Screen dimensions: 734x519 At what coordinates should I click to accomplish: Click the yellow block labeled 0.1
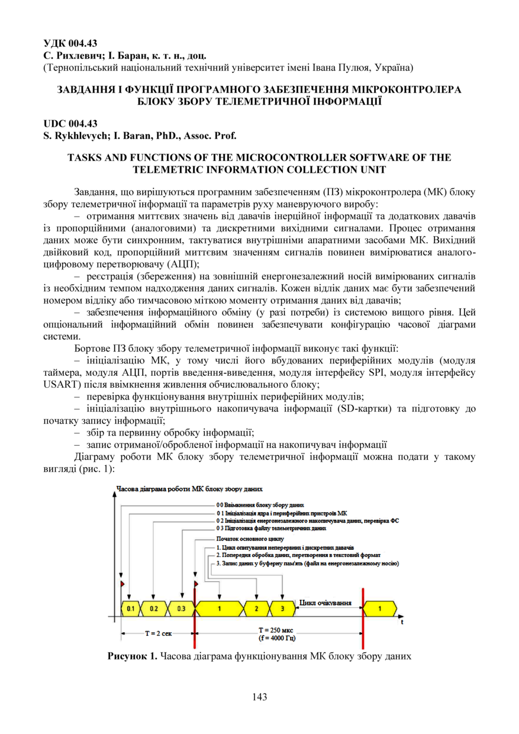coord(131,608)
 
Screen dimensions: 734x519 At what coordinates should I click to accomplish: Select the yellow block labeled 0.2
coord(154,608)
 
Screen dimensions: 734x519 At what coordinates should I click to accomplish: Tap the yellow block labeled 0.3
coord(180,608)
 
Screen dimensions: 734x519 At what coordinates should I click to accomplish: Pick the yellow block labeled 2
coord(256,608)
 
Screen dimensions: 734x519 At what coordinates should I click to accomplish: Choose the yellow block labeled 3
coord(282,608)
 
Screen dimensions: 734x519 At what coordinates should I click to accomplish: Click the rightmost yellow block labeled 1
coord(380,608)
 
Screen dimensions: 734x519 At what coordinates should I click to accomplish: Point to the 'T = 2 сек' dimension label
coord(159,633)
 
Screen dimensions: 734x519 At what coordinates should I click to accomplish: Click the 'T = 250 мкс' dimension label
coord(277,630)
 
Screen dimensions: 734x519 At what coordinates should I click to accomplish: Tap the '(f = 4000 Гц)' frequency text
coord(277,639)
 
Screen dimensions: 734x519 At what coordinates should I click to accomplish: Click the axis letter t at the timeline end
coord(402,623)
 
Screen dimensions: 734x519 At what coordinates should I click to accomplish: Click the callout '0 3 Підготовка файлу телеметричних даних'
coord(271,527)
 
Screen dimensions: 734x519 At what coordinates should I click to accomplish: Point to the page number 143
coord(259,697)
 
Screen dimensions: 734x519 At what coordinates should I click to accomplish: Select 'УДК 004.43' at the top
coord(70,43)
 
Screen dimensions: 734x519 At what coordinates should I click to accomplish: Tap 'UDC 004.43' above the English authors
coord(70,123)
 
